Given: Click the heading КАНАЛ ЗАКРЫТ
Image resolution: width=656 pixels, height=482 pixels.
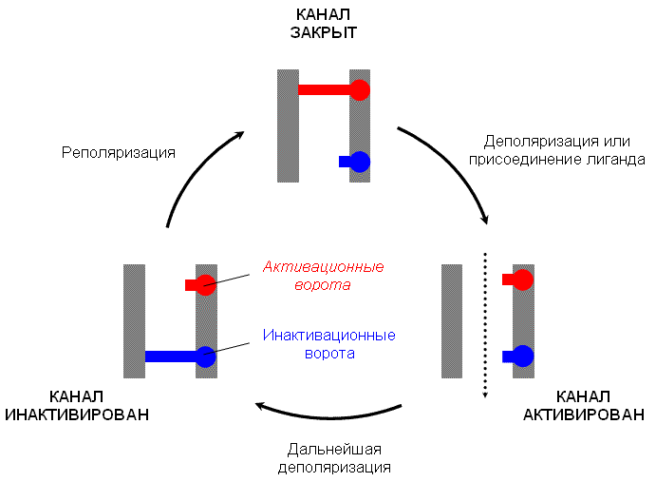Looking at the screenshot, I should (324, 24).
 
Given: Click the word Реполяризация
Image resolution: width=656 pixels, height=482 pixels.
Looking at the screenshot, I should (119, 151).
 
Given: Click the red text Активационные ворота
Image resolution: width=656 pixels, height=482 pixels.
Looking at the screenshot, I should (317, 276).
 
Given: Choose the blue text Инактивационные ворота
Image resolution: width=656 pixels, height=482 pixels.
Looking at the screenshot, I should (328, 344).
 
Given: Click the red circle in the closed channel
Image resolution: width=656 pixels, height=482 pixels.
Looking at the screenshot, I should (359, 90).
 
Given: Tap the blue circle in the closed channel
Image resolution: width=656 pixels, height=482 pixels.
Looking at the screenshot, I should (359, 162).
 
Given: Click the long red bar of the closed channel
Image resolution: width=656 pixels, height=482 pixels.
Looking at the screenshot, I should (324, 90).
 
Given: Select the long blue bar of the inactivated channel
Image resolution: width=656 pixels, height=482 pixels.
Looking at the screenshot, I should (171, 357).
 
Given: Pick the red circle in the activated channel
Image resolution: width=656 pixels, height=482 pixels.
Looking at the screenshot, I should (522, 280).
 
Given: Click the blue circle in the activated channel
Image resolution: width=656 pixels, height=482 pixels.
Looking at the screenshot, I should (522, 357).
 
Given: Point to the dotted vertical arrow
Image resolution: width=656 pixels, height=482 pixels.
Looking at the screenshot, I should (485, 323).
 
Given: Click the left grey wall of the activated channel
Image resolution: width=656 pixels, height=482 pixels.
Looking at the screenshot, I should (452, 321).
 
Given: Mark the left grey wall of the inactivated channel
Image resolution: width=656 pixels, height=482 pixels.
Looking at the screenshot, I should (133, 321).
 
